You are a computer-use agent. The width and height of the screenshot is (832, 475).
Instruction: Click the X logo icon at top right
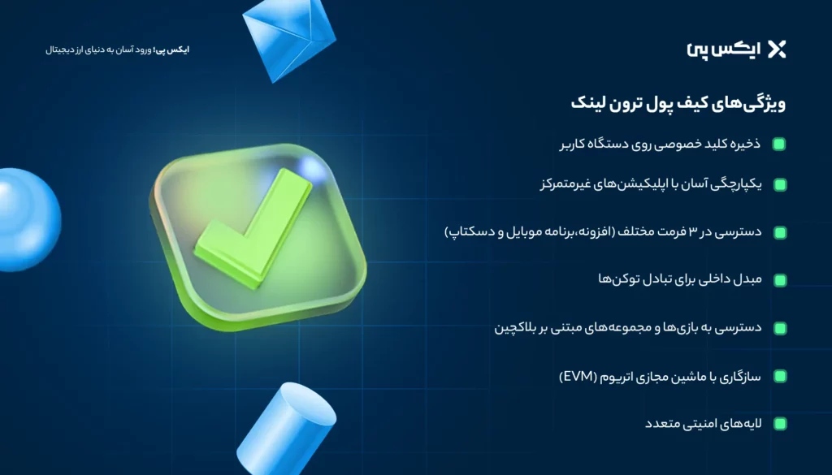click(x=777, y=50)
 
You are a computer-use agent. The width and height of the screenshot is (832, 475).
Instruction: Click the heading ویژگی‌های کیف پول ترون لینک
click(x=676, y=105)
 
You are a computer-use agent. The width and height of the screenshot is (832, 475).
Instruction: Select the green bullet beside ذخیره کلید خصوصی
click(x=779, y=145)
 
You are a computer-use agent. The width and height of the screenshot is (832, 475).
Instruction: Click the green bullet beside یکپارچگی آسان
click(x=779, y=185)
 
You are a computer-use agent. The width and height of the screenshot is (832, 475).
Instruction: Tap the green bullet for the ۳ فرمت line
click(x=779, y=233)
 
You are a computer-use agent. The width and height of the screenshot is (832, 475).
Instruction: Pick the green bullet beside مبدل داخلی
click(x=779, y=280)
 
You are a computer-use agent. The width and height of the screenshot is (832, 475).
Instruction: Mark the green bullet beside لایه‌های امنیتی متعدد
click(x=779, y=424)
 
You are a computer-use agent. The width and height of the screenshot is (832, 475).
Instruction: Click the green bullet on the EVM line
click(x=779, y=376)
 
